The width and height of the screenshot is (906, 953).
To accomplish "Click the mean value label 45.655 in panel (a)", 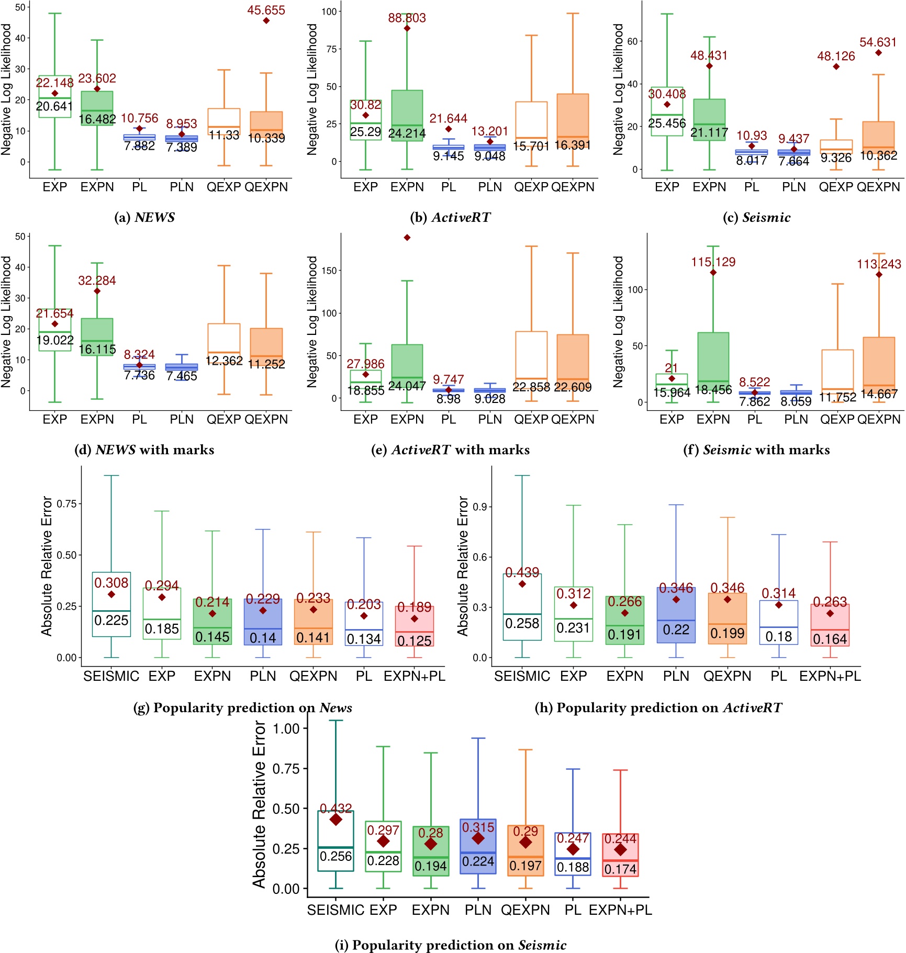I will (266, 10).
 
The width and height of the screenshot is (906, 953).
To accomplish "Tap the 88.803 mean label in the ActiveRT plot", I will (407, 18).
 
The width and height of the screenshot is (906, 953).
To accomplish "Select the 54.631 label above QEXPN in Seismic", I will (878, 42).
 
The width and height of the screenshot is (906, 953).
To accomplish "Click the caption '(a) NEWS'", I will (144, 217).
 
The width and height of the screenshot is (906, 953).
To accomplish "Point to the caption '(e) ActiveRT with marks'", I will (450, 450).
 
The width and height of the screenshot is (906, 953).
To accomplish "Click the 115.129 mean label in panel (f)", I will (713, 262).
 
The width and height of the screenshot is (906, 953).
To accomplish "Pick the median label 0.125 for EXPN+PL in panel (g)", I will (414, 641).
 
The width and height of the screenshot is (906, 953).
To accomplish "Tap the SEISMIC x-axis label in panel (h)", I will (522, 676).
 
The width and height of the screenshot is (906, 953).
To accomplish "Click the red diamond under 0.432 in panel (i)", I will (336, 820).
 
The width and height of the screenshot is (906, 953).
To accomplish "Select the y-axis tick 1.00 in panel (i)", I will (286, 728).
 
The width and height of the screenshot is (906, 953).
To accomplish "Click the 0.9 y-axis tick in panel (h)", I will (479, 507).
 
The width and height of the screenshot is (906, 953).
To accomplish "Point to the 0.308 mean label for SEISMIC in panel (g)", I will (111, 582).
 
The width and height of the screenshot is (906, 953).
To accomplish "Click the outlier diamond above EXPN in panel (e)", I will (407, 238).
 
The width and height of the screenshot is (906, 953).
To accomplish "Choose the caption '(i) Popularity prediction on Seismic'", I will (450, 945).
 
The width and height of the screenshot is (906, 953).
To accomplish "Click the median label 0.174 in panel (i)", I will (620, 869).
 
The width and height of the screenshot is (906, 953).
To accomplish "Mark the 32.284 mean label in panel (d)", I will (97, 281).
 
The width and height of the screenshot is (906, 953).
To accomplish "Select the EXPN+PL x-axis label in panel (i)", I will (620, 910).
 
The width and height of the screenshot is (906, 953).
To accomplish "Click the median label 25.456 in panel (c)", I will (666, 124).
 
